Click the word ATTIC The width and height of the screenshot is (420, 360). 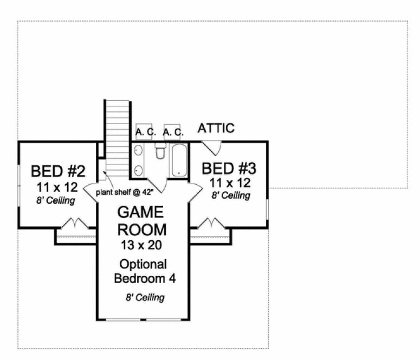pos(216,128)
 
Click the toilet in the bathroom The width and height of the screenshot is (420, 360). pos(160,152)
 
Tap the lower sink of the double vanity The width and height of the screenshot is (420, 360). pos(137,170)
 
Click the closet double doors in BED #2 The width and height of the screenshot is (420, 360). pos(73,223)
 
